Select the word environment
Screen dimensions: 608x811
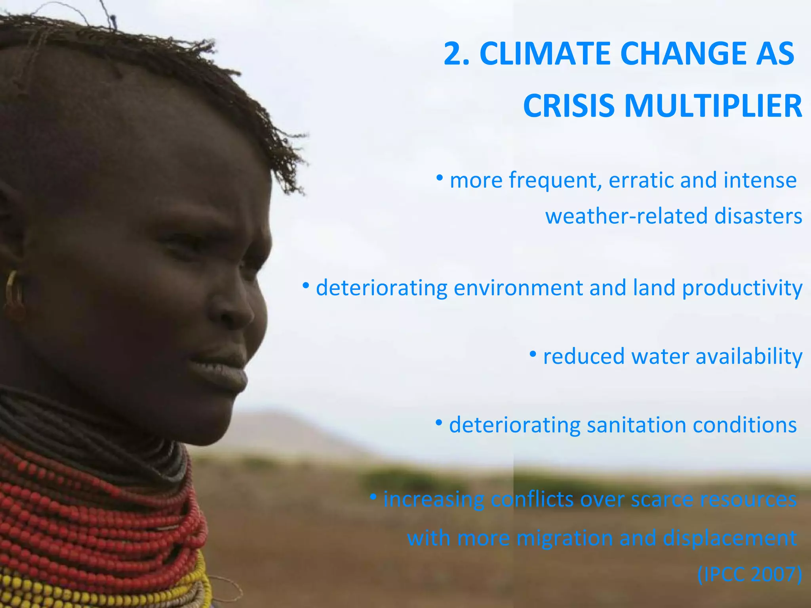[x=518, y=288]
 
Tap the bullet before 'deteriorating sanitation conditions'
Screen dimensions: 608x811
[x=439, y=423]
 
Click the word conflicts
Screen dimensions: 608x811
[x=532, y=500]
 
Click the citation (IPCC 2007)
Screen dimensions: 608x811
[x=749, y=574]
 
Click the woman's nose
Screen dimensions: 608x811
[x=234, y=305]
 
